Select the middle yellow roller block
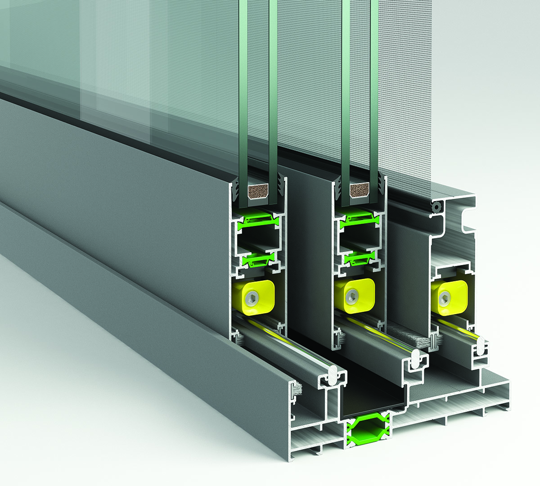[354, 295]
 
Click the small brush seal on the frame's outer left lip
[296, 388]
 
